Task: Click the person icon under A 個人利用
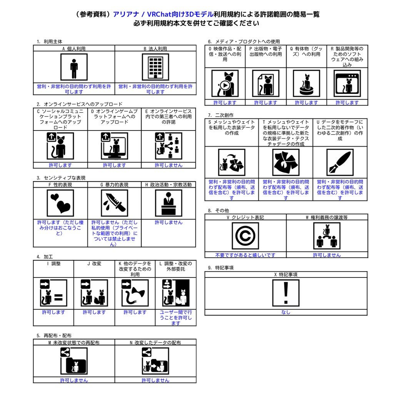tap(74, 67)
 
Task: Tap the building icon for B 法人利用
tap(155, 67)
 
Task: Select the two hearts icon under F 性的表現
tap(60, 203)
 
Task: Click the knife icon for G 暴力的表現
tap(114, 203)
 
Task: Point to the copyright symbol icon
tap(245, 236)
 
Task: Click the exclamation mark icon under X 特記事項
tap(286, 293)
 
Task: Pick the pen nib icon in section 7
tap(340, 162)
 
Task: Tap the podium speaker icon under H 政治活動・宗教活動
tap(169, 203)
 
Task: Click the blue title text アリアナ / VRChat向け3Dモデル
tap(163, 14)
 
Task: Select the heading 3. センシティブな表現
tap(61, 178)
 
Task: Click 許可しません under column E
tap(169, 165)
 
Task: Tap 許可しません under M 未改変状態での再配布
tap(74, 381)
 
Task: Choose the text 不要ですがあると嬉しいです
tap(245, 255)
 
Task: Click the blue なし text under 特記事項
tap(286, 312)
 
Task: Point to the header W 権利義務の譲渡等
tap(327, 217)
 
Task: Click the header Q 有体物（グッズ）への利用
tap(306, 51)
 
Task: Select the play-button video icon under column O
tap(225, 83)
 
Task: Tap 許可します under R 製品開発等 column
tap(347, 102)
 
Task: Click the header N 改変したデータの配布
tap(155, 342)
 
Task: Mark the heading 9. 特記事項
tap(221, 268)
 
